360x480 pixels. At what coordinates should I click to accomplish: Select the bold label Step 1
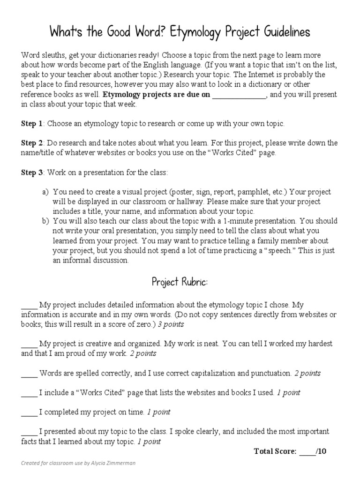pos(32,124)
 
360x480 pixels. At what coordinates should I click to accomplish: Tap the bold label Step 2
pos(32,142)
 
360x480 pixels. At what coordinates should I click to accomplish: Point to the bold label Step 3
pos(32,172)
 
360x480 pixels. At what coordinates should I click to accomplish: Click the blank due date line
pos(239,95)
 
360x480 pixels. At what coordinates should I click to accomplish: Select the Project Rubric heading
pos(180,282)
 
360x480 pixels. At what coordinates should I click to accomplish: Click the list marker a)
pos(45,192)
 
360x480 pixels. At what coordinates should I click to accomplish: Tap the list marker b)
pos(45,220)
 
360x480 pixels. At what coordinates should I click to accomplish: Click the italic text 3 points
pos(171,324)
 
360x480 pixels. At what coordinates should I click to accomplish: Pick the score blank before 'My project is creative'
pos(29,344)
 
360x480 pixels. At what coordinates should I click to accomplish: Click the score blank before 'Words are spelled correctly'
pos(29,374)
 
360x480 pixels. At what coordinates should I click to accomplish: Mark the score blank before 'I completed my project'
pos(29,412)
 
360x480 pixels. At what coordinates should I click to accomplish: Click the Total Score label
pos(275,451)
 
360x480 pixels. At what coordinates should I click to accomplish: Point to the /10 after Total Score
pos(322,451)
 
